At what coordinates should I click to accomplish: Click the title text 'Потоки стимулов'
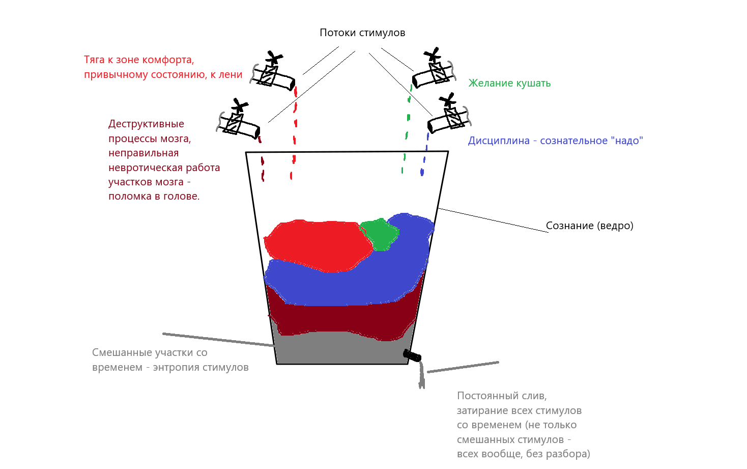pyautogui.click(x=362, y=33)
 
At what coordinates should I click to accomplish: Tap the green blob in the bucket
pyautogui.click(x=380, y=234)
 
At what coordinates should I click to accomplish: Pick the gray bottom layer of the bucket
pyautogui.click(x=341, y=349)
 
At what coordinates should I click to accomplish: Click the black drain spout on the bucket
pyautogui.click(x=412, y=355)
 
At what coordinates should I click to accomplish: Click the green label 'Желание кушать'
pyautogui.click(x=509, y=84)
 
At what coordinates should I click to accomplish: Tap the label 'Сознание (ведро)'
pyautogui.click(x=589, y=226)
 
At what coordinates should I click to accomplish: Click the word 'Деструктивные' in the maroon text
pyautogui.click(x=146, y=124)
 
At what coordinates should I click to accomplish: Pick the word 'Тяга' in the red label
pyautogui.click(x=94, y=60)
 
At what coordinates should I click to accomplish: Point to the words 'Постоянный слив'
pyautogui.click(x=502, y=396)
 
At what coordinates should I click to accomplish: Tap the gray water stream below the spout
pyautogui.click(x=421, y=377)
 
